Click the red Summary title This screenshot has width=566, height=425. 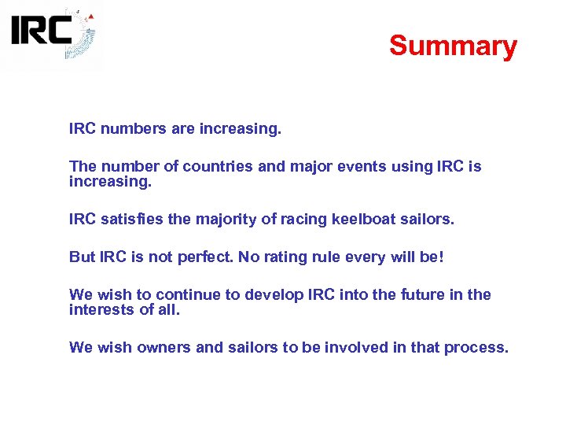453,46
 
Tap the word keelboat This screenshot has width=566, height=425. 370,219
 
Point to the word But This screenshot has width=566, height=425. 82,257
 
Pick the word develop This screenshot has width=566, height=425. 274,295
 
